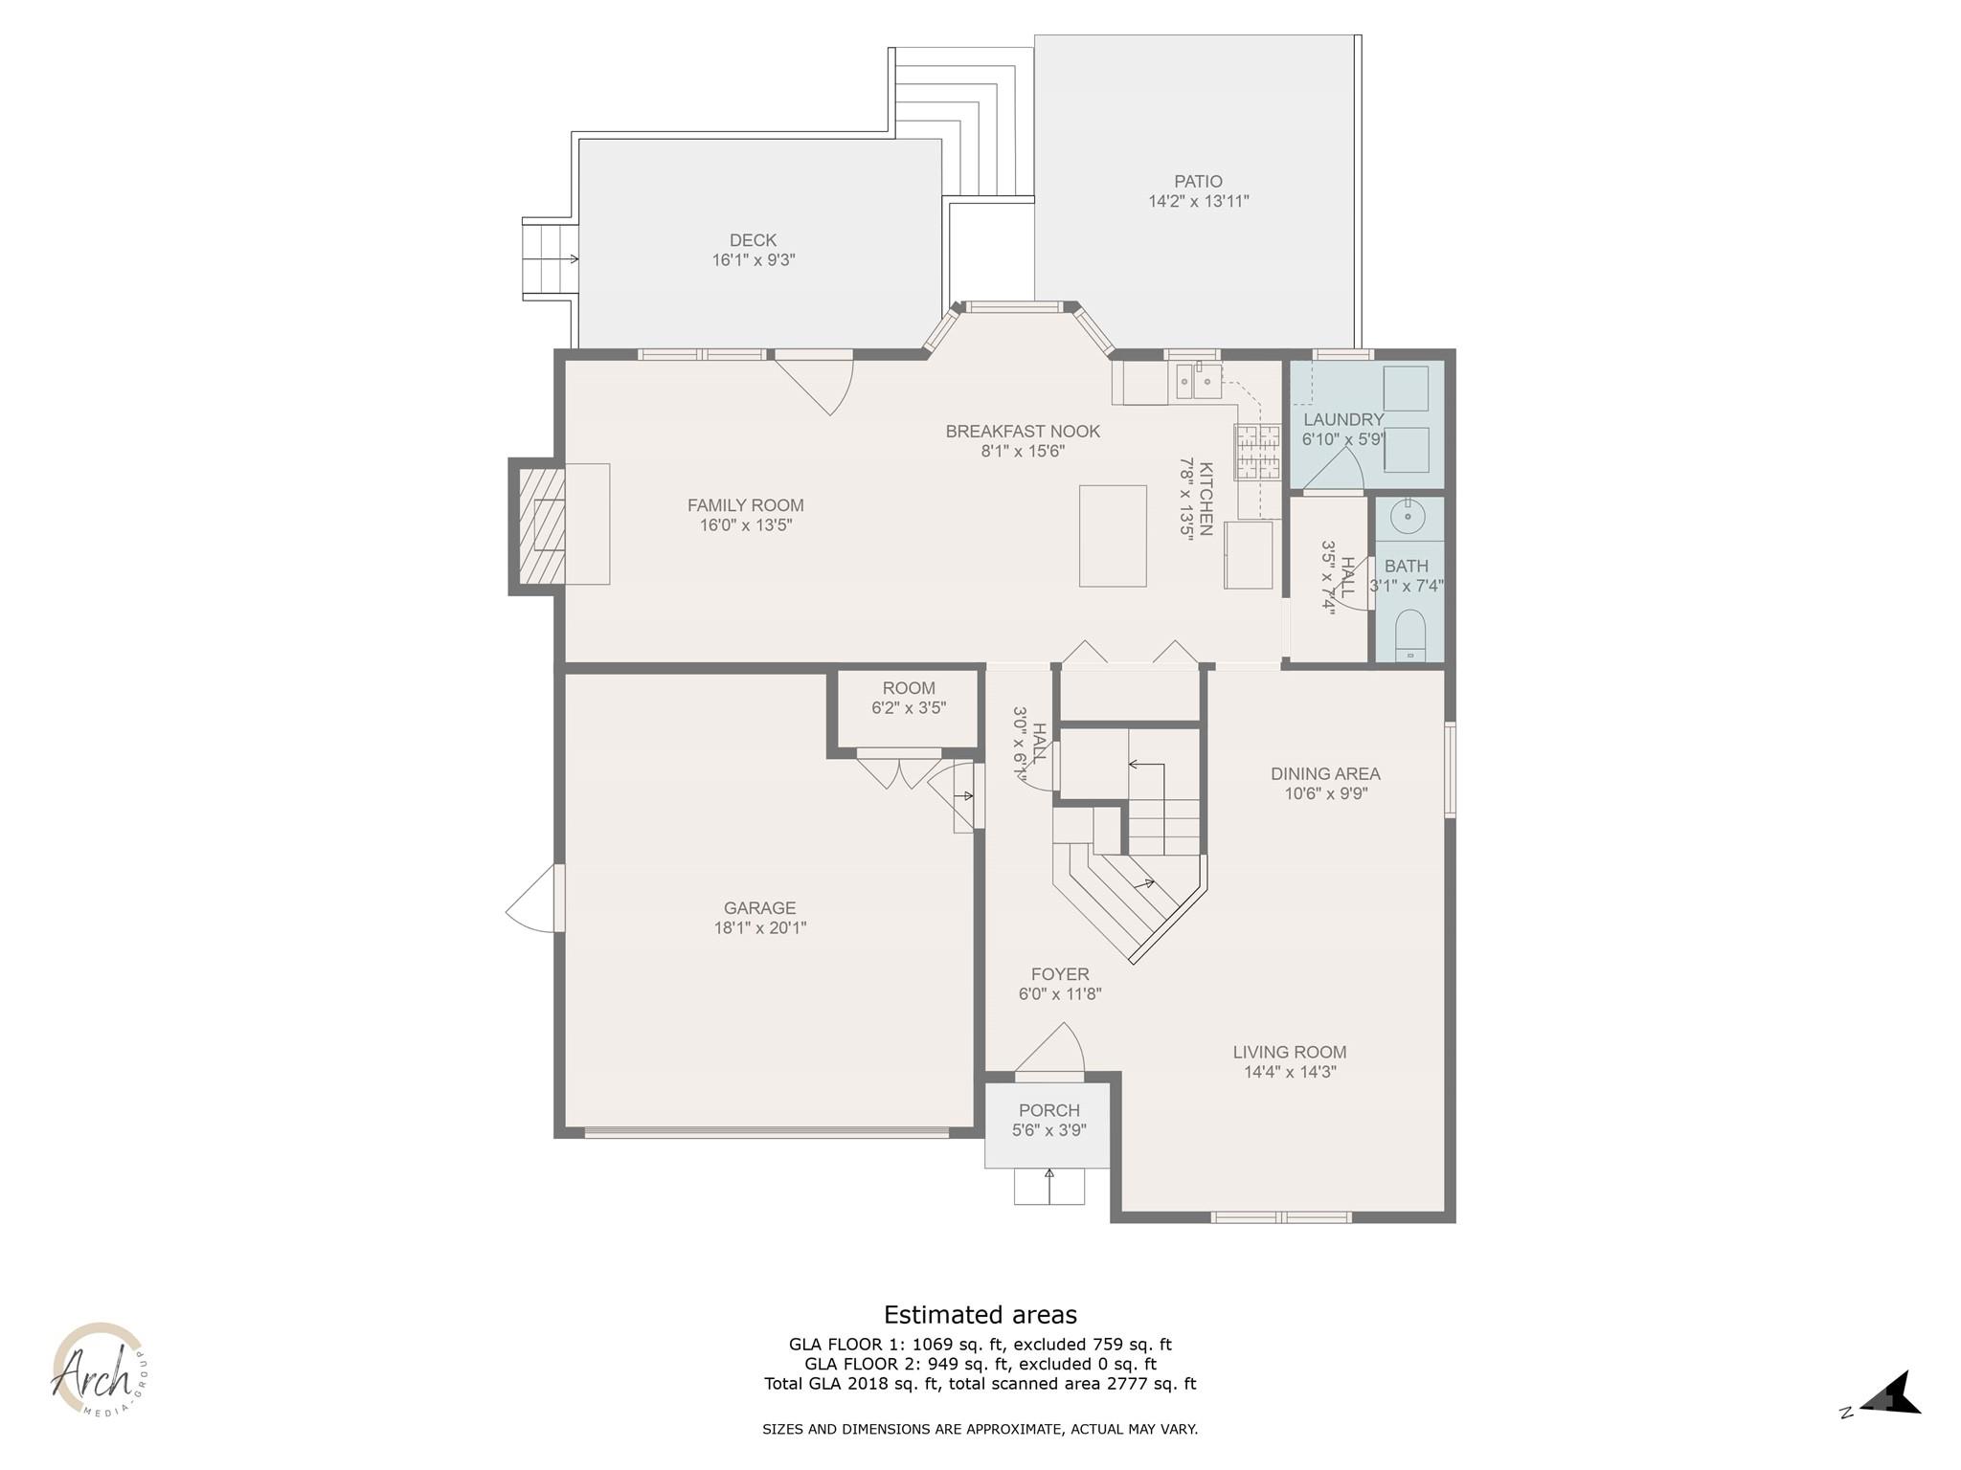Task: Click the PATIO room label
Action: coord(1198,181)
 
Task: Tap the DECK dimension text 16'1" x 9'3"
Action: coord(753,260)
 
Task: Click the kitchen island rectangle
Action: coord(1113,535)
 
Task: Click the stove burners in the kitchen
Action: coord(1256,452)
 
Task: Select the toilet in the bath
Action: coord(1409,636)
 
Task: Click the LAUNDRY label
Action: coord(1342,419)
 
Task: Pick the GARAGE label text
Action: coord(759,907)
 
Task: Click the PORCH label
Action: coord(1048,1110)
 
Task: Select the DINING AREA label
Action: coord(1325,773)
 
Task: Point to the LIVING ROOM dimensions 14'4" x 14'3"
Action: coord(1289,1072)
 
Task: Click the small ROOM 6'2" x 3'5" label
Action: coord(908,688)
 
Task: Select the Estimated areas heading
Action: coord(980,1314)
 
